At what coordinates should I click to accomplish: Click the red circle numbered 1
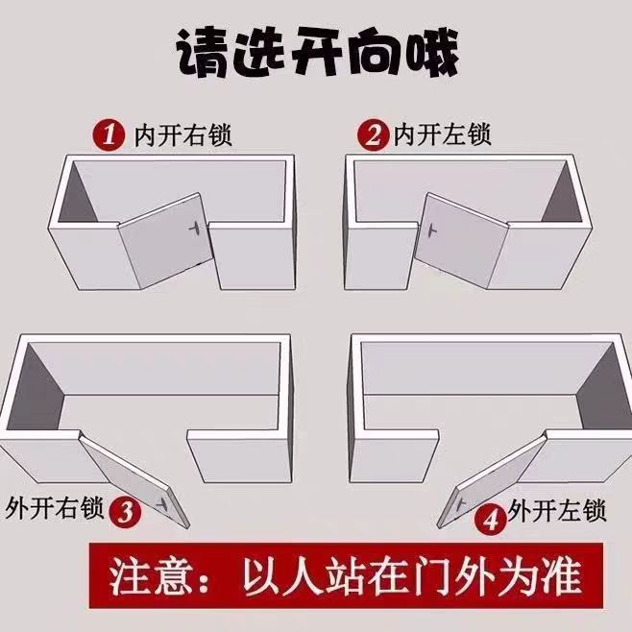[109, 134]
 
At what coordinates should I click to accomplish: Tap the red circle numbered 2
[373, 135]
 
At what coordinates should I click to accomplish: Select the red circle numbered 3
[126, 512]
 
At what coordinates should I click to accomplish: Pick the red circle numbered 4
[491, 520]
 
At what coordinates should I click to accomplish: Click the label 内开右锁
[183, 135]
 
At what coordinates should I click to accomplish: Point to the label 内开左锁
[442, 134]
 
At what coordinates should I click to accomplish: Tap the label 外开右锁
[55, 508]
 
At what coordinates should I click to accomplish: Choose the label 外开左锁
[557, 511]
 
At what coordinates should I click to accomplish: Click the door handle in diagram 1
[195, 228]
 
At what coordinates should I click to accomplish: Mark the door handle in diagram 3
[163, 503]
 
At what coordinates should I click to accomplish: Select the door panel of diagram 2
[461, 240]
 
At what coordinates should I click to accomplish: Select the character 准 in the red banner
[561, 575]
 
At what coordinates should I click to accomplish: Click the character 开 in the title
[316, 53]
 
